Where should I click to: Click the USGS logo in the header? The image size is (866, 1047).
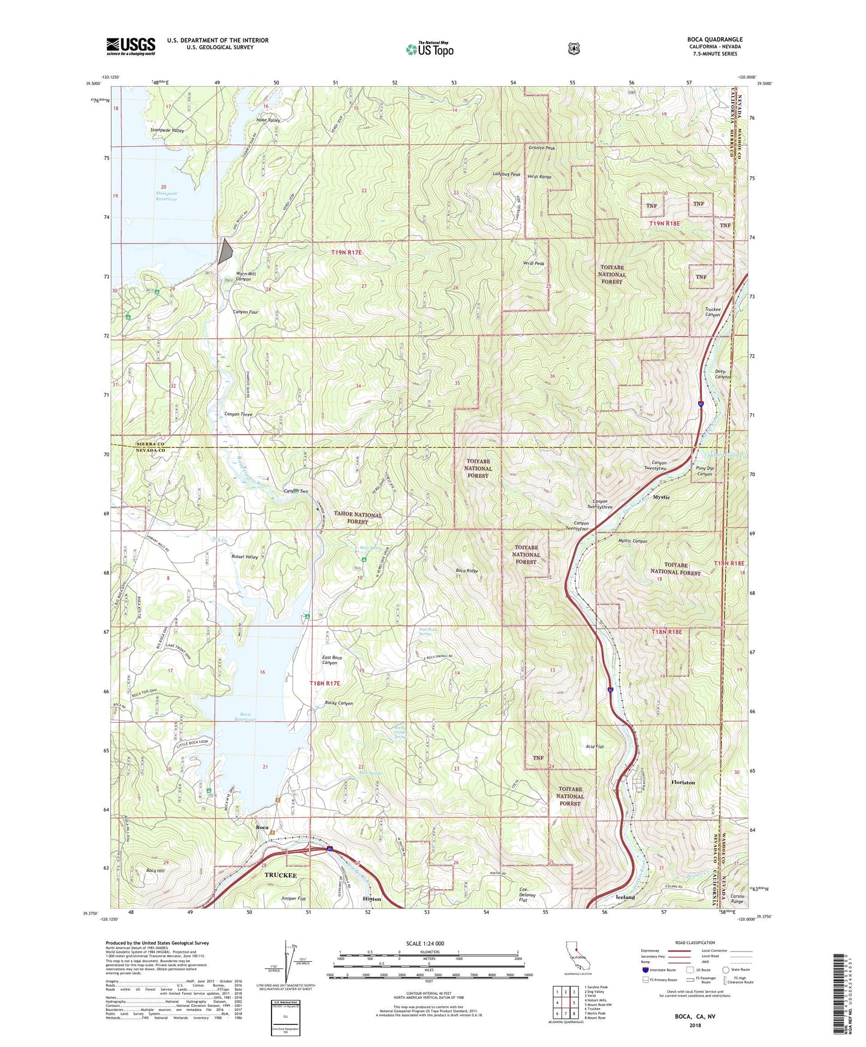click(x=131, y=46)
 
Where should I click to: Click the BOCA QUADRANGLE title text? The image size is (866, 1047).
click(x=714, y=40)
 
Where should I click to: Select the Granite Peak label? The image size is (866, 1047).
click(x=542, y=148)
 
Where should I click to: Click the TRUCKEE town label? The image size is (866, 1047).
click(x=280, y=875)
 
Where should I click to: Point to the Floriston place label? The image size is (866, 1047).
click(x=683, y=783)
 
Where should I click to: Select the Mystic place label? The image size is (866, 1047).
click(x=662, y=497)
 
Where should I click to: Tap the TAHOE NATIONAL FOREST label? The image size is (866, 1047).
click(x=358, y=518)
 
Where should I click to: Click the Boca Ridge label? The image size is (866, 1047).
click(x=467, y=571)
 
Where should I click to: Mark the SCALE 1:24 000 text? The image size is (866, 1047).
click(x=425, y=943)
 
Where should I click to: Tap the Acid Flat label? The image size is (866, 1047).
click(x=594, y=747)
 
